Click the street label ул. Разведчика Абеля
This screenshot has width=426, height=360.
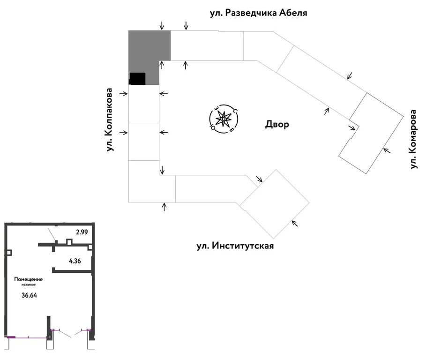coord(258,13)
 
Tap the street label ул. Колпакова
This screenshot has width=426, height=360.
coord(109,120)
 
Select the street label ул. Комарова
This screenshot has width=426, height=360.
coord(413,139)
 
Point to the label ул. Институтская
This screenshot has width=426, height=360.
coord(235,246)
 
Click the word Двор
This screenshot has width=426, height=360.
coord(277,124)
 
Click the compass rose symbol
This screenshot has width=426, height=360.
coord(224,119)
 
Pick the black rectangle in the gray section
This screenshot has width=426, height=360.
coord(137,79)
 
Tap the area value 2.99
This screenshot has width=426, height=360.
coord(82,232)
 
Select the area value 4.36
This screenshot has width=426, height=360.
coord(75,261)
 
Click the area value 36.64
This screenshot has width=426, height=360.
coord(30,295)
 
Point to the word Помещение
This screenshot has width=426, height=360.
coord(28,279)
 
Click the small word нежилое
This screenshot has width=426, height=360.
coord(29,285)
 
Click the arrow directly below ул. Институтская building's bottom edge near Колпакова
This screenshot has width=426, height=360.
coord(164,207)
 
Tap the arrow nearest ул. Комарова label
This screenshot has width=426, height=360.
coord(387,150)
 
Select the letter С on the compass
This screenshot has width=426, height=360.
coord(235,111)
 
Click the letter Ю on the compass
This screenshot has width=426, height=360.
coord(212,127)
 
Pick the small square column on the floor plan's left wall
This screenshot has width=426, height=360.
coord(9,253)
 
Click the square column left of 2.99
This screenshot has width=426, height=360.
coord(69,242)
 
